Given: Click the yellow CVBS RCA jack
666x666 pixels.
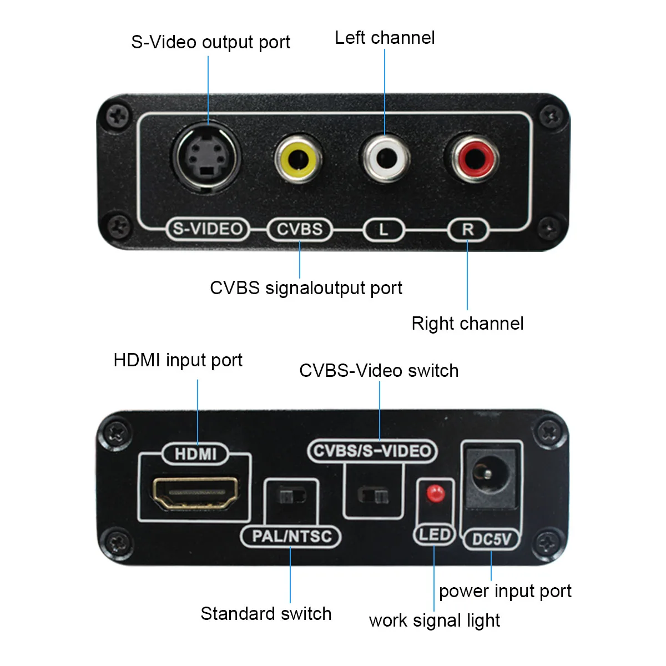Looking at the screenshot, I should click(299, 159).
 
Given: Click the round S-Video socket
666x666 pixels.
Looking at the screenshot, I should click(207, 159).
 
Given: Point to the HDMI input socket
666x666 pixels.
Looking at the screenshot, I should click(195, 493).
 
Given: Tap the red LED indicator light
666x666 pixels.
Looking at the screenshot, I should click(435, 492).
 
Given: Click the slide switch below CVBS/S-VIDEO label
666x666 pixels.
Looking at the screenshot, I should click(373, 495).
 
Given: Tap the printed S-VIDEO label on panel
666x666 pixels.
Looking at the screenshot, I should click(208, 229).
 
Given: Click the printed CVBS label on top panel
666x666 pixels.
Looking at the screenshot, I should click(300, 229).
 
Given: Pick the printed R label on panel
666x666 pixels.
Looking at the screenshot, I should click(468, 229).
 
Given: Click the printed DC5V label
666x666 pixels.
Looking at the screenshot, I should click(491, 539).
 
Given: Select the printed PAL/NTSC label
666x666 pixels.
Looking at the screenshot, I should click(291, 536).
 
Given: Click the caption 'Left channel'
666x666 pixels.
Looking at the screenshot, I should click(385, 38).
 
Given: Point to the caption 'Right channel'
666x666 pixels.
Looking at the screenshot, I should click(467, 324).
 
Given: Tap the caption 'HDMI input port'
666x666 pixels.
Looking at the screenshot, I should click(178, 360).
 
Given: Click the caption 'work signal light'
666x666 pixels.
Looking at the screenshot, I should click(434, 620).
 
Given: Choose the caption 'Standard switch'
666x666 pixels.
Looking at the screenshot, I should click(266, 614).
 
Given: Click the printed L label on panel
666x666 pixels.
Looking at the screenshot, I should click(384, 229).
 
